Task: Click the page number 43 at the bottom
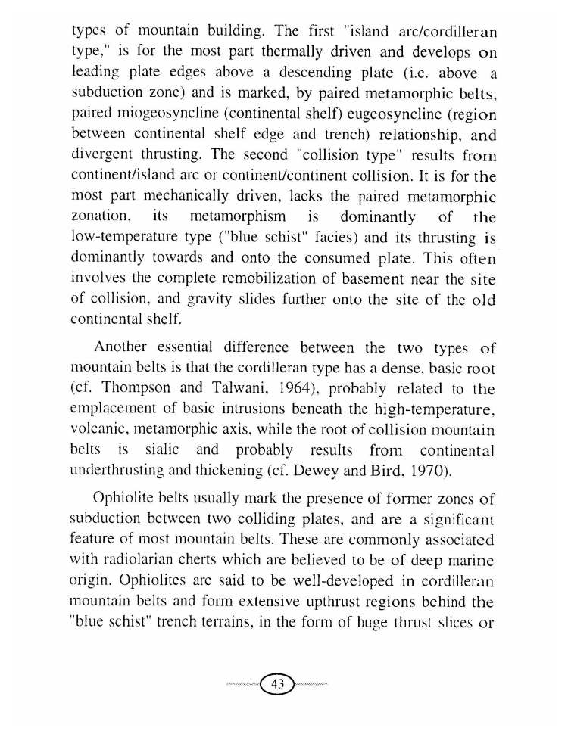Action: (277, 684)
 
